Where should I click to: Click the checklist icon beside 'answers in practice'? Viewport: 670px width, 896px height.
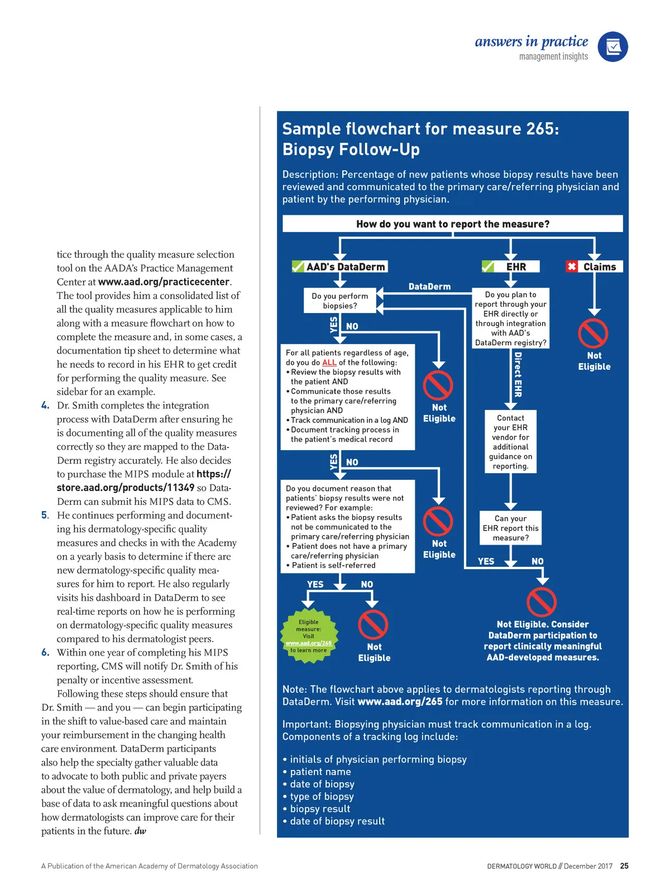pyautogui.click(x=612, y=47)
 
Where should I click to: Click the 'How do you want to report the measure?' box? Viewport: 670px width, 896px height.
pyautogui.click(x=452, y=224)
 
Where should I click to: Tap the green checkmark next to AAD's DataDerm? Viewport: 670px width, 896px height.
pyautogui.click(x=298, y=267)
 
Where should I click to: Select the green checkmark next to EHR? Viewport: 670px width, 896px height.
pyautogui.click(x=488, y=267)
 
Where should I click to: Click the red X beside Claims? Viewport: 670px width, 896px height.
pyautogui.click(x=572, y=267)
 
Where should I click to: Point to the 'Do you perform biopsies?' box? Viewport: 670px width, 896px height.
pyautogui.click(x=339, y=301)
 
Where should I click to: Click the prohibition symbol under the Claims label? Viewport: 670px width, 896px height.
pyautogui.click(x=593, y=334)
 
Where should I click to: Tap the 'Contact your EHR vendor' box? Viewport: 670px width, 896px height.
pyautogui.click(x=510, y=442)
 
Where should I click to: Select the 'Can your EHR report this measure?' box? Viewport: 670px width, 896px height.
pyautogui.click(x=510, y=528)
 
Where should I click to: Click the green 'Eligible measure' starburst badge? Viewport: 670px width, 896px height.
pyautogui.click(x=309, y=637)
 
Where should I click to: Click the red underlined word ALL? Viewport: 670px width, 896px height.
pyautogui.click(x=329, y=363)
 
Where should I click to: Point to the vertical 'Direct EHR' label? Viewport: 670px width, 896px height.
pyautogui.click(x=518, y=374)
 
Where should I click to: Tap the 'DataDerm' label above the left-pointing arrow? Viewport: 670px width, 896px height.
pyautogui.click(x=429, y=287)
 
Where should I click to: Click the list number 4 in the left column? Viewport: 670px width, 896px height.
pyautogui.click(x=45, y=406)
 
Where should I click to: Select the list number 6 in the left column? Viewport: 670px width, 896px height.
pyautogui.click(x=45, y=653)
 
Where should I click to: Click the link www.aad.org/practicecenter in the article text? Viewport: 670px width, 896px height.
pyautogui.click(x=164, y=282)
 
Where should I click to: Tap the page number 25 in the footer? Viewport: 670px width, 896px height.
pyautogui.click(x=624, y=866)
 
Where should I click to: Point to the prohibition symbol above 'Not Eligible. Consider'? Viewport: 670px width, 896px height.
pyautogui.click(x=541, y=602)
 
